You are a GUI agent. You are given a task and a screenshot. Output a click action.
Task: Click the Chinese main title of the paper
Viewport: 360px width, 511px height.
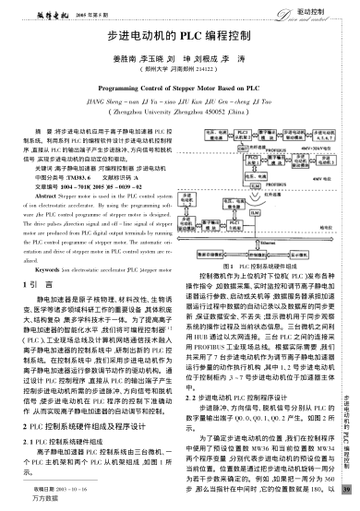(x=179, y=36)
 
